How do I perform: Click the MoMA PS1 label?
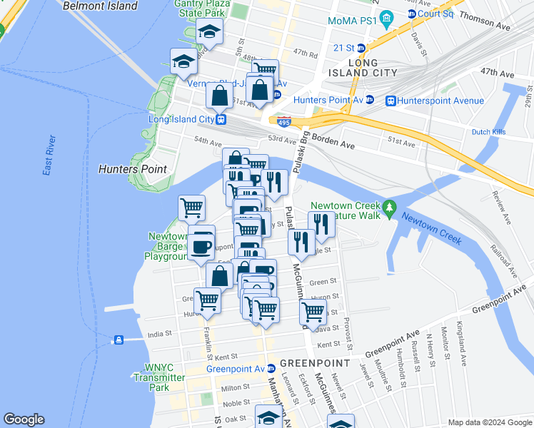tap(352, 21)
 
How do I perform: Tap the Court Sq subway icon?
tap(412, 15)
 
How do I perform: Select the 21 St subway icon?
tap(361, 48)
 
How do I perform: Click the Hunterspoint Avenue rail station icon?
tap(391, 101)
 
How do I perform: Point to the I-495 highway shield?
tap(283, 122)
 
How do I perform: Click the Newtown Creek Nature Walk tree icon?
tap(389, 207)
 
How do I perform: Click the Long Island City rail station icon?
tap(222, 119)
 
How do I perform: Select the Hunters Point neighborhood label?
tap(132, 169)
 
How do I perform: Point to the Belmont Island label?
tap(100, 6)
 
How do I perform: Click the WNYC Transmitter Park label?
tap(158, 377)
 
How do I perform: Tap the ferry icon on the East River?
tap(119, 339)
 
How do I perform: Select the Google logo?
tap(24, 419)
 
